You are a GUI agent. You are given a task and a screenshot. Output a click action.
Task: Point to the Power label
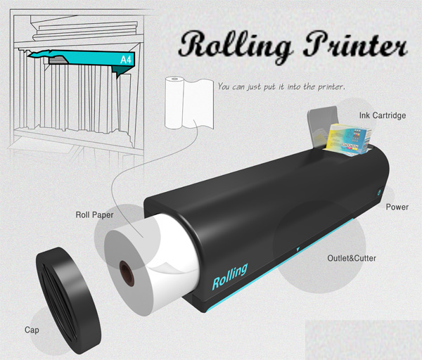click(x=397, y=207)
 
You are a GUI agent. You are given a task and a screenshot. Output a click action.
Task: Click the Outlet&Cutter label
click(x=352, y=259)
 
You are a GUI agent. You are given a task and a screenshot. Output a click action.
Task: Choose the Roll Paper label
click(x=96, y=213)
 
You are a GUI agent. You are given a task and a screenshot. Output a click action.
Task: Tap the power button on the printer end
click(x=378, y=191)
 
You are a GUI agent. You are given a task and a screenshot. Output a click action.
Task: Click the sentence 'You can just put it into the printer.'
click(x=281, y=87)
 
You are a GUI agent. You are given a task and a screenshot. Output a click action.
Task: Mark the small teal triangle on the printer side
click(x=298, y=247)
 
